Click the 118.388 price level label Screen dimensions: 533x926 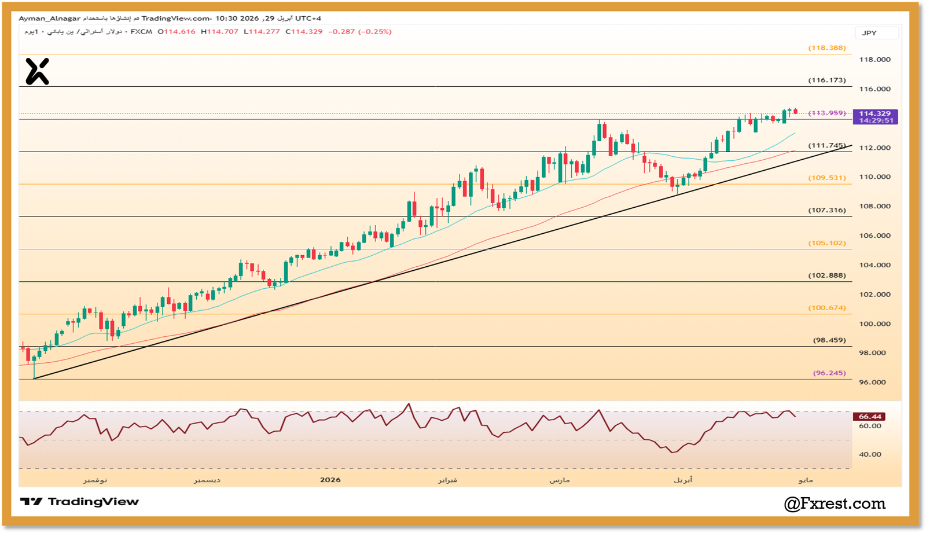827,48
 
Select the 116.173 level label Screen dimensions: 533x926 827,80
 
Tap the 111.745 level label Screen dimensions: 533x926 827,146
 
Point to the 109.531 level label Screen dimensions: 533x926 827,178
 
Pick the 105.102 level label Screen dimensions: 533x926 827,243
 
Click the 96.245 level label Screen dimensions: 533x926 829,373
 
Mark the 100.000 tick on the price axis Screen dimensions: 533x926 874,324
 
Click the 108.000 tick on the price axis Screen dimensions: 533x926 874,207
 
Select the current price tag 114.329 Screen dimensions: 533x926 875,114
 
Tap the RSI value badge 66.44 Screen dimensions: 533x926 870,417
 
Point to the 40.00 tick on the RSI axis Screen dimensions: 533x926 870,455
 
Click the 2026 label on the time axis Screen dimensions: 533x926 330,480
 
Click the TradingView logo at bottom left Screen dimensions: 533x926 80,502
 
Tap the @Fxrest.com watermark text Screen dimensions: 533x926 835,504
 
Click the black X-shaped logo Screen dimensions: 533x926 37,72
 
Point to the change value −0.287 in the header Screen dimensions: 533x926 341,32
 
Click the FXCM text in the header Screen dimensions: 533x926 141,32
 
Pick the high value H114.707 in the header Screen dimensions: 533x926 219,32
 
